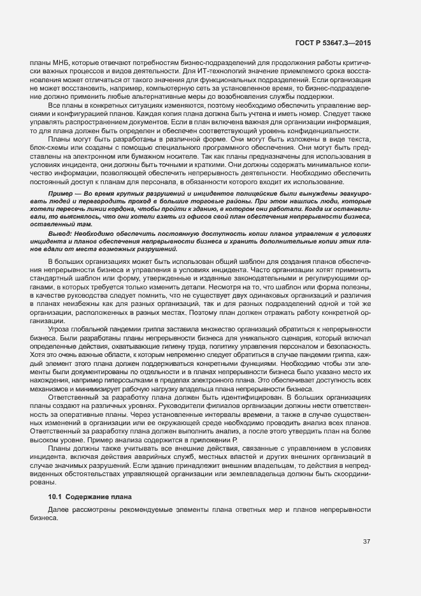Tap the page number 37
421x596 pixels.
[x=366, y=542]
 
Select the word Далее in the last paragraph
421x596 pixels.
[x=58, y=510]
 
